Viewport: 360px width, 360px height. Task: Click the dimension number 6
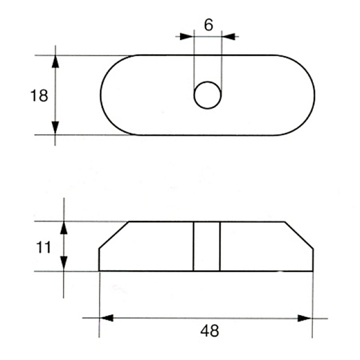[x=208, y=25]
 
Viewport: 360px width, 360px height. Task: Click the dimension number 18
[x=39, y=96]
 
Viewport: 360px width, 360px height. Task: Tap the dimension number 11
[x=43, y=247]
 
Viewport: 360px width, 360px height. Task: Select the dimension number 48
[x=210, y=331]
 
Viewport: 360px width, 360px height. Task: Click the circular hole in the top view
[x=207, y=95]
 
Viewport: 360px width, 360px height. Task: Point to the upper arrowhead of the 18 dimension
[x=55, y=61]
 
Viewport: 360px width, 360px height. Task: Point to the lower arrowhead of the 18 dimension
[x=55, y=128]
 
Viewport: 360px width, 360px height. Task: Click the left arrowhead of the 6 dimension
[x=186, y=36]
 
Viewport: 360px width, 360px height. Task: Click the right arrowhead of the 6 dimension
[x=228, y=36]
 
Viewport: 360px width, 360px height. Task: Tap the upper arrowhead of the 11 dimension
[x=63, y=228]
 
